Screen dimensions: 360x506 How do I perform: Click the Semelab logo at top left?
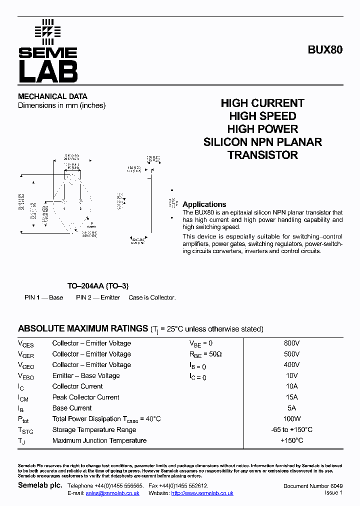[x=47, y=51]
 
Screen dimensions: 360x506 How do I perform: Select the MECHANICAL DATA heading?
[x=52, y=96]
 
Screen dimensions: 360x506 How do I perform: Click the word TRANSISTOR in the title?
[x=262, y=155]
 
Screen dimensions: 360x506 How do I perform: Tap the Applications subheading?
[x=204, y=204]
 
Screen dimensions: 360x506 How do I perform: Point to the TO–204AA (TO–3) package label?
[x=98, y=286]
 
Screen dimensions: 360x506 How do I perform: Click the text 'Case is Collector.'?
[x=152, y=297]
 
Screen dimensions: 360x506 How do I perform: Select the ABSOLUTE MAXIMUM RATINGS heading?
[x=82, y=329]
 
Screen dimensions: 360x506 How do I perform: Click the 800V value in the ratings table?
[x=292, y=343]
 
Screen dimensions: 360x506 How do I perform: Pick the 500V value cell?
[x=292, y=354]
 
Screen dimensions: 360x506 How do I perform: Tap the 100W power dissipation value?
[x=292, y=419]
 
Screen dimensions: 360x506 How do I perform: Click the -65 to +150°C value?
[x=292, y=430]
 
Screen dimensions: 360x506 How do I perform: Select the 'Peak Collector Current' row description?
[x=85, y=397]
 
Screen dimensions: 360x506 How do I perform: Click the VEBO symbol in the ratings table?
[x=26, y=376]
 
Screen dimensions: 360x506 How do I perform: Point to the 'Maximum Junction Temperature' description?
[x=99, y=440]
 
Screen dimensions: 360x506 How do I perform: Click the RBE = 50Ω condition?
[x=205, y=354]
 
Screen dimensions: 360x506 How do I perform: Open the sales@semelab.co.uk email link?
[x=112, y=493]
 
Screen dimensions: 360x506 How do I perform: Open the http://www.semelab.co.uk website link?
[x=202, y=493]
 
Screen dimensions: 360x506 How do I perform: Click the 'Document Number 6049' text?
[x=312, y=486]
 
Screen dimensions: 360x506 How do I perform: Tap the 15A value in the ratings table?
[x=292, y=397]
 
